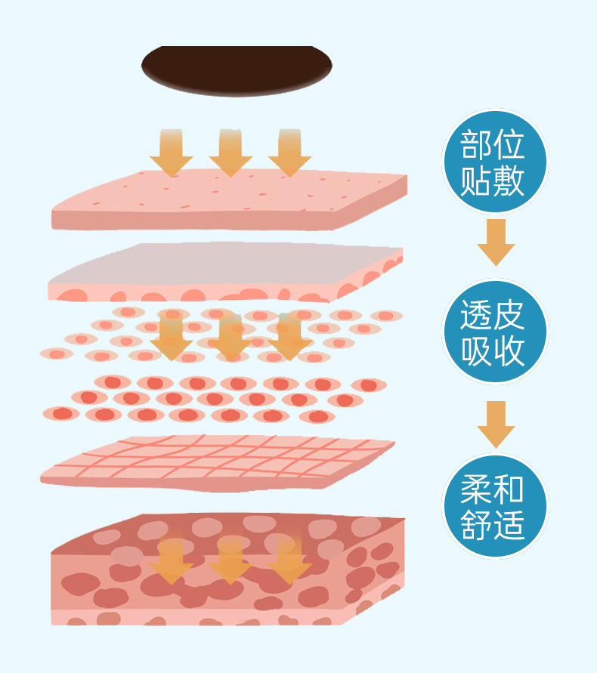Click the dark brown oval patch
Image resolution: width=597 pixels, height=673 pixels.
point(237,69)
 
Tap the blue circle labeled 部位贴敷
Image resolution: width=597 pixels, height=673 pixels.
point(493,161)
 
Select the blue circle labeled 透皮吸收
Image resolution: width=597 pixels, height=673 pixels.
point(493,332)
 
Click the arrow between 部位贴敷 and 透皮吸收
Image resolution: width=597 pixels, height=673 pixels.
point(496,242)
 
